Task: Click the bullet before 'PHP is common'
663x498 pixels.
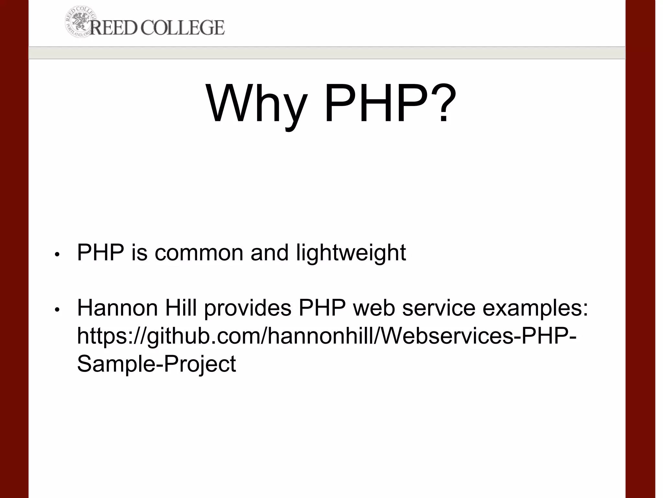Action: pos(57,255)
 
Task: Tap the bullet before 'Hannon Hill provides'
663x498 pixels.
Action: pos(57,310)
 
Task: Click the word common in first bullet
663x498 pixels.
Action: pos(199,253)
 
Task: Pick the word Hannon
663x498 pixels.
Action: pos(118,308)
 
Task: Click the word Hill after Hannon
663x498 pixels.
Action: pos(181,308)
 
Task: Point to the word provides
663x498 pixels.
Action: pos(248,308)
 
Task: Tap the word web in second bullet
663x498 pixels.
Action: pos(374,308)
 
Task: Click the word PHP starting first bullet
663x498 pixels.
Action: pos(101,253)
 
